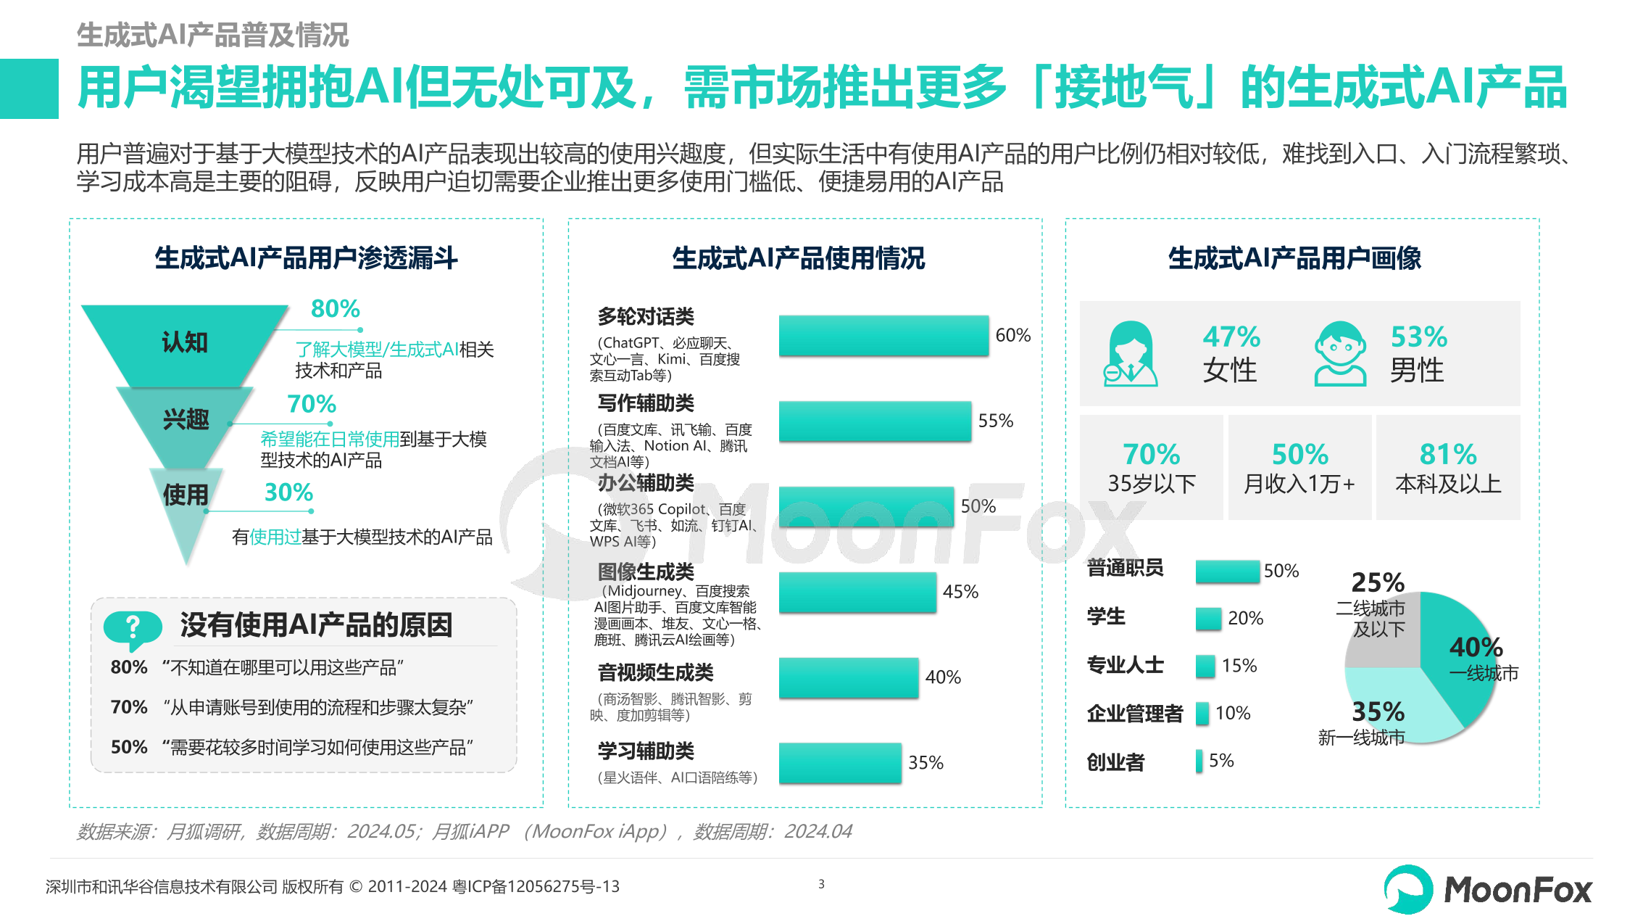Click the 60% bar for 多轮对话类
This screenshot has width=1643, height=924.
[883, 335]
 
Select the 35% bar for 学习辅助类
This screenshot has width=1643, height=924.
[839, 763]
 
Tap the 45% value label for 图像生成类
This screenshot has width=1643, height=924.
[960, 592]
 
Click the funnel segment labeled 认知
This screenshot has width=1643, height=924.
[185, 342]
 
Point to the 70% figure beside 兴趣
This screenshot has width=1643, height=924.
[312, 404]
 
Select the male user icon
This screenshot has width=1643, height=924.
[1340, 354]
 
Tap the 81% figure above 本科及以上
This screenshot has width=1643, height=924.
[1447, 455]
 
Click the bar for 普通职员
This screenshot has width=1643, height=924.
[1227, 571]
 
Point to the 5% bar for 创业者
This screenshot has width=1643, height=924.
[1199, 761]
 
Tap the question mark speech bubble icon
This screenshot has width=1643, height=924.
[132, 628]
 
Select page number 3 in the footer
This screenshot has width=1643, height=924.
[821, 884]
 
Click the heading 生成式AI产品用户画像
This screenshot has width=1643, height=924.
[1294, 258]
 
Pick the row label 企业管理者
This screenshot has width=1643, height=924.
[1134, 714]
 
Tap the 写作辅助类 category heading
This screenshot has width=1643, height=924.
[645, 403]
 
